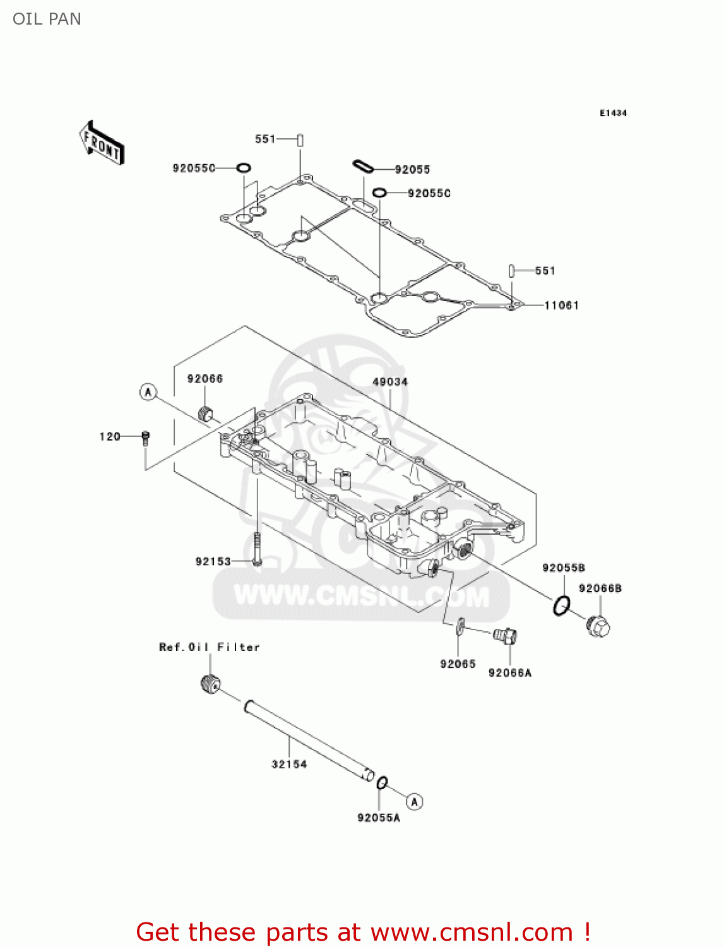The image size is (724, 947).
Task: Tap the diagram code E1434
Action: tap(613, 113)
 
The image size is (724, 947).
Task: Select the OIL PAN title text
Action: tap(47, 19)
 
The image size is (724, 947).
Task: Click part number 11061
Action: tap(561, 306)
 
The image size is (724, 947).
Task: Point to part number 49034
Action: tap(390, 382)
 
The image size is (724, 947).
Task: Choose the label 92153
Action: tap(213, 561)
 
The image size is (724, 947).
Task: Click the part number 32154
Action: tap(289, 764)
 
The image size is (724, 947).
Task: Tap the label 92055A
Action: tap(379, 818)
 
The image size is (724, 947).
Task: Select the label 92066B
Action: tap(600, 588)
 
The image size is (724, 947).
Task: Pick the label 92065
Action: tap(458, 664)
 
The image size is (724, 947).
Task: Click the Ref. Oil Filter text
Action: tap(210, 647)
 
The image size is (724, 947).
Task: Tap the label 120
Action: tap(110, 436)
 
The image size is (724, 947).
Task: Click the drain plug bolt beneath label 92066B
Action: tap(598, 626)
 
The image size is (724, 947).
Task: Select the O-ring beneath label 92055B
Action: tap(561, 605)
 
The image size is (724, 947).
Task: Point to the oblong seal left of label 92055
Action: tap(363, 167)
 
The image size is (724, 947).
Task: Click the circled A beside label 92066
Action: tap(148, 392)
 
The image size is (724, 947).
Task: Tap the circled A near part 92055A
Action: tap(414, 801)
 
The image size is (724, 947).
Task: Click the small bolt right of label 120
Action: tap(146, 438)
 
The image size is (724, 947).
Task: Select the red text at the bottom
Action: tap(364, 932)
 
